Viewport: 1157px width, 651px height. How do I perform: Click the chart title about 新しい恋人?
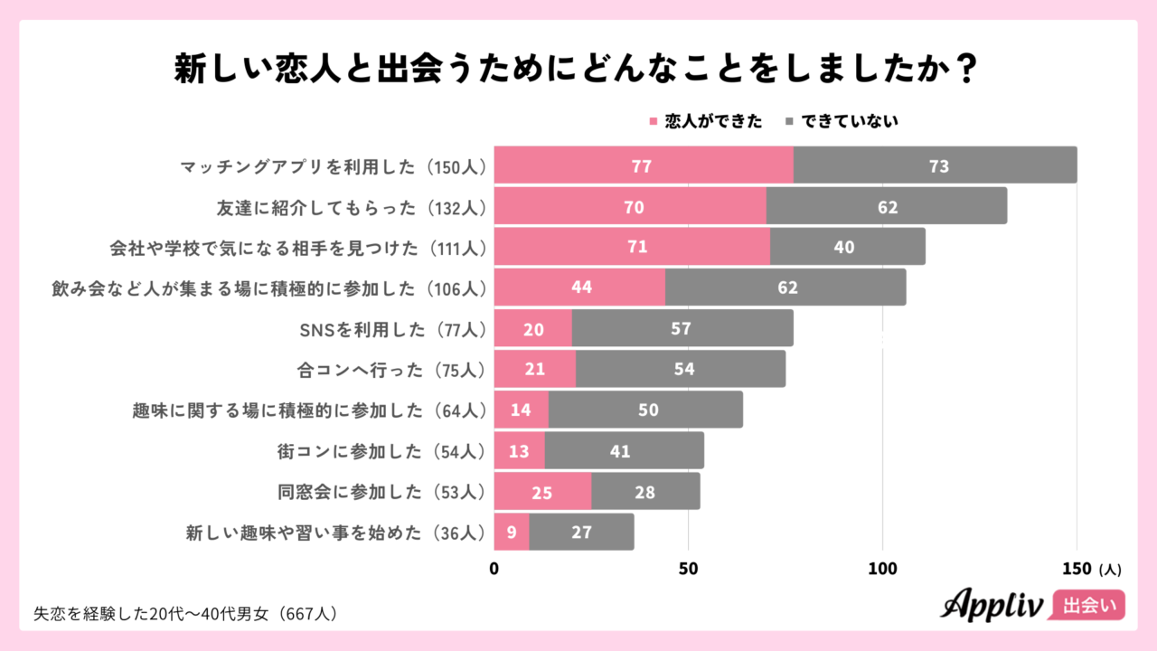[x=578, y=70]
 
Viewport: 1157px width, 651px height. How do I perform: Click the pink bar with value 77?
[x=643, y=165]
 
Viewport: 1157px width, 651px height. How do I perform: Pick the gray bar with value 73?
[x=935, y=165]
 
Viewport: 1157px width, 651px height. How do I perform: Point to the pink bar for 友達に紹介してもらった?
[x=630, y=206]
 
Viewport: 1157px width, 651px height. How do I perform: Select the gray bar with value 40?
[x=847, y=247]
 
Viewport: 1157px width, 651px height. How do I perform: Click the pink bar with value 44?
[x=579, y=288]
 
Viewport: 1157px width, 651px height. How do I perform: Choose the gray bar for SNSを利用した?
[x=682, y=328]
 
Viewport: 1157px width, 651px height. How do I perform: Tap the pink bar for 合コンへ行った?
[x=535, y=369]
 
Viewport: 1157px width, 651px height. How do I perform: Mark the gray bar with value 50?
[x=645, y=410]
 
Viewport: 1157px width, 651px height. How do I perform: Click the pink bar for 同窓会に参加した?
[x=542, y=492]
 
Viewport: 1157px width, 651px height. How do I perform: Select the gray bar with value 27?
[x=581, y=533]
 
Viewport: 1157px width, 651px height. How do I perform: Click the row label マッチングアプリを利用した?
[x=334, y=166]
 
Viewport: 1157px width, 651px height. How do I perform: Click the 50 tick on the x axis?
[x=689, y=570]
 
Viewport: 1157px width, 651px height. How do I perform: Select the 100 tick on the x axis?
[x=882, y=570]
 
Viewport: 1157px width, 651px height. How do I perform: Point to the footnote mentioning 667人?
[x=185, y=613]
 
